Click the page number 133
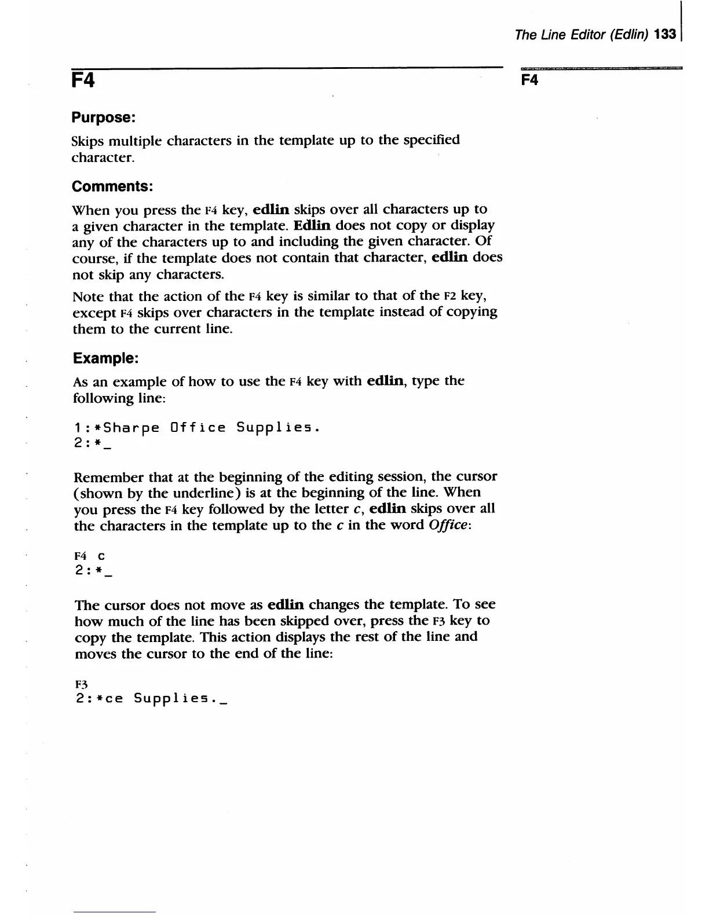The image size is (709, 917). [665, 35]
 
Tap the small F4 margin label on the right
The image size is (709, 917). [529, 80]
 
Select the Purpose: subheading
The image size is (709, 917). [103, 118]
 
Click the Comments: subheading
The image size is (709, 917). [112, 186]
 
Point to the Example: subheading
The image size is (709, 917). [105, 358]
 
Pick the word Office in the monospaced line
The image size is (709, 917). [198, 428]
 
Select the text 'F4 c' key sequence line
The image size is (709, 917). [89, 556]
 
